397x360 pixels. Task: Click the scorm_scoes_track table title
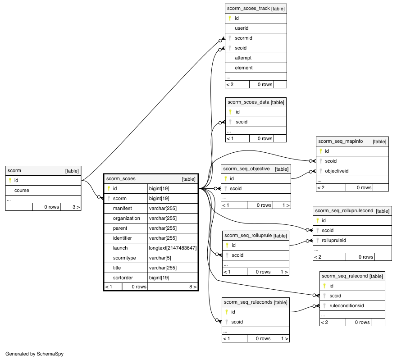click(248, 9)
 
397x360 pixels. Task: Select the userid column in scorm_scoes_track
click(242, 28)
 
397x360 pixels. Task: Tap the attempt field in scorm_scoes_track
click(243, 58)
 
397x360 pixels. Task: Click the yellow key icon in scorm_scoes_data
click(230, 112)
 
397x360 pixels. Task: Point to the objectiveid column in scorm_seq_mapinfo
click(337, 171)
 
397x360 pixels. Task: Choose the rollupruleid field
click(334, 240)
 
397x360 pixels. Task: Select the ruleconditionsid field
click(347, 305)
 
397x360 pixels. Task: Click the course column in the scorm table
click(22, 190)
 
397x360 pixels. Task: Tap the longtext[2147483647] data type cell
click(173, 248)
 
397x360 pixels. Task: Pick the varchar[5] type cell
click(160, 258)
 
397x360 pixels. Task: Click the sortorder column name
click(123, 278)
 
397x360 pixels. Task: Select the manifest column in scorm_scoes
click(122, 208)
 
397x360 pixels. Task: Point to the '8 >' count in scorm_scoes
click(193, 287)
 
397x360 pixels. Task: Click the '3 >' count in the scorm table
click(76, 207)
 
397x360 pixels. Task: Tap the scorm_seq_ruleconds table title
click(248, 302)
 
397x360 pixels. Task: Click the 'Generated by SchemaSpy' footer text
click(34, 354)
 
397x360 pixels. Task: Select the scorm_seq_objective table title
click(246, 169)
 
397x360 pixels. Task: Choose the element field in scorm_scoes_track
click(244, 68)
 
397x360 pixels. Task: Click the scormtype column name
click(124, 258)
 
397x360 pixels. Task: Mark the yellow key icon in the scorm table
click(10, 180)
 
